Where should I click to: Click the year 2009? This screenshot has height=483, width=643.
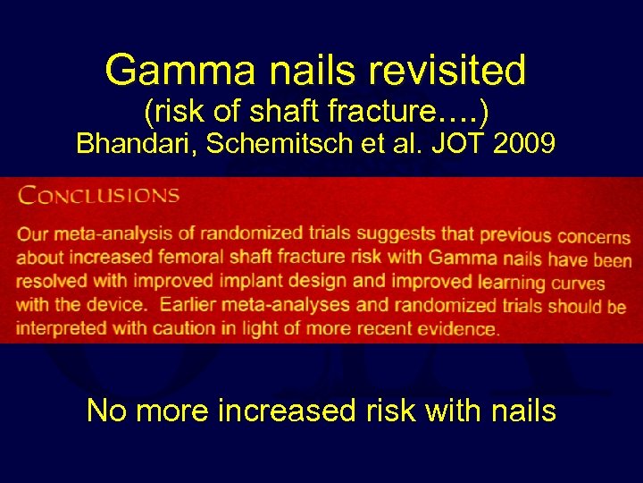click(x=528, y=144)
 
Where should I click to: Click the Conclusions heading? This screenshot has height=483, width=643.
click(x=99, y=195)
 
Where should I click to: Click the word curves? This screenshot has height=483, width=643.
click(x=576, y=284)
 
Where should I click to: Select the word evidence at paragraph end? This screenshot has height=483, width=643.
click(x=460, y=328)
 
